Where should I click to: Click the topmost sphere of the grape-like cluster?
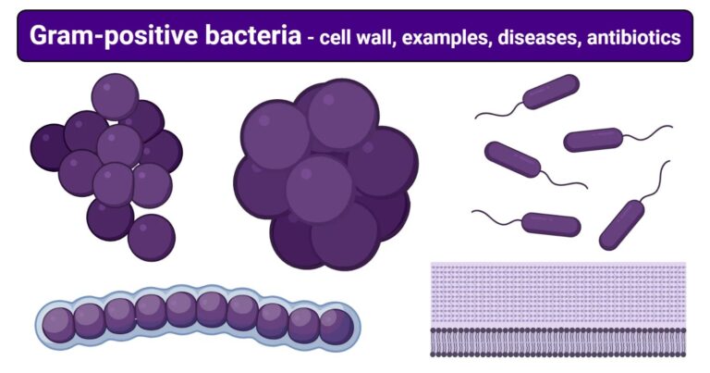(116, 95)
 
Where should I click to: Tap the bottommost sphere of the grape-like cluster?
(151, 238)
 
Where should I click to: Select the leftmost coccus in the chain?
(58, 324)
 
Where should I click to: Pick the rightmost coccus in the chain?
(336, 326)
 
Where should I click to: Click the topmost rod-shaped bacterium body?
(551, 91)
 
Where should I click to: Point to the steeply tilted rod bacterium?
(621, 224)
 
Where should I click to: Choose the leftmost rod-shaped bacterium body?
(512, 159)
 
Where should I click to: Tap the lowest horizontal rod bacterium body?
(551, 224)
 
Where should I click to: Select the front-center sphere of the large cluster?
(319, 188)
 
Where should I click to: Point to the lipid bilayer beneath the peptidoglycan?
(557, 341)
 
